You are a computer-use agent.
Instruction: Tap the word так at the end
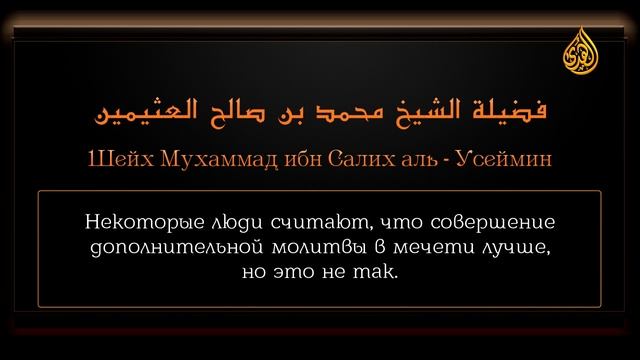[x=378, y=270]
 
